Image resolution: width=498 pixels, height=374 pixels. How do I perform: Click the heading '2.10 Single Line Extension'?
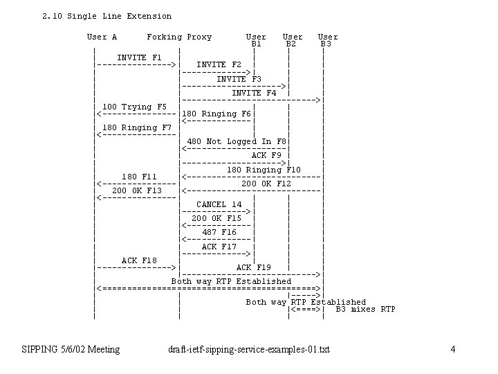tap(107, 16)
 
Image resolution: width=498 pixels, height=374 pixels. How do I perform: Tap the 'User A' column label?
tap(102, 37)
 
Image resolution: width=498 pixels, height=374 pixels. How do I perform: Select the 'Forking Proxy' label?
tap(179, 37)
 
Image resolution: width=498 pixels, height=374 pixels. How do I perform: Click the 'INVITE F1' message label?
tap(139, 57)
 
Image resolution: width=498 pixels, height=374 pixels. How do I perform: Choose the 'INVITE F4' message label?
tap(254, 93)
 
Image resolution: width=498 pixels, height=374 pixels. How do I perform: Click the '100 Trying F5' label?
tap(135, 107)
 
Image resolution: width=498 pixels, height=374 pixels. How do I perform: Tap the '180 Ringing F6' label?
tap(216, 114)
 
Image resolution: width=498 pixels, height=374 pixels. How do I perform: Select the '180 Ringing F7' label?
tap(137, 127)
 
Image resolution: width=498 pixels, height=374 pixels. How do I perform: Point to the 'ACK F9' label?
tap(266, 155)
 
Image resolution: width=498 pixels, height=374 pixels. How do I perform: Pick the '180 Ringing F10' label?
tap(264, 170)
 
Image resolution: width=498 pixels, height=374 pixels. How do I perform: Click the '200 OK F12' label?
tap(266, 184)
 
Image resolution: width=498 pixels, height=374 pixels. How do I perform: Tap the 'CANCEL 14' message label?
tap(219, 204)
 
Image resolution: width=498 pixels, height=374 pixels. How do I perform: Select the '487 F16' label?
tap(219, 233)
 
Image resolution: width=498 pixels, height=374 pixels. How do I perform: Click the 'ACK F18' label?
tap(139, 260)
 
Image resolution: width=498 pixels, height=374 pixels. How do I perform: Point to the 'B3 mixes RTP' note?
tap(365, 310)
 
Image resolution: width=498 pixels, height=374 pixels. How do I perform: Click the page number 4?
tap(452, 349)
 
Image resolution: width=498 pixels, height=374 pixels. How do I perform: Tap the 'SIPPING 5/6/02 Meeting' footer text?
tap(71, 349)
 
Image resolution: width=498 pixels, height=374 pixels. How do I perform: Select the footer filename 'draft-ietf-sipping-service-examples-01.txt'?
tap(249, 349)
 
